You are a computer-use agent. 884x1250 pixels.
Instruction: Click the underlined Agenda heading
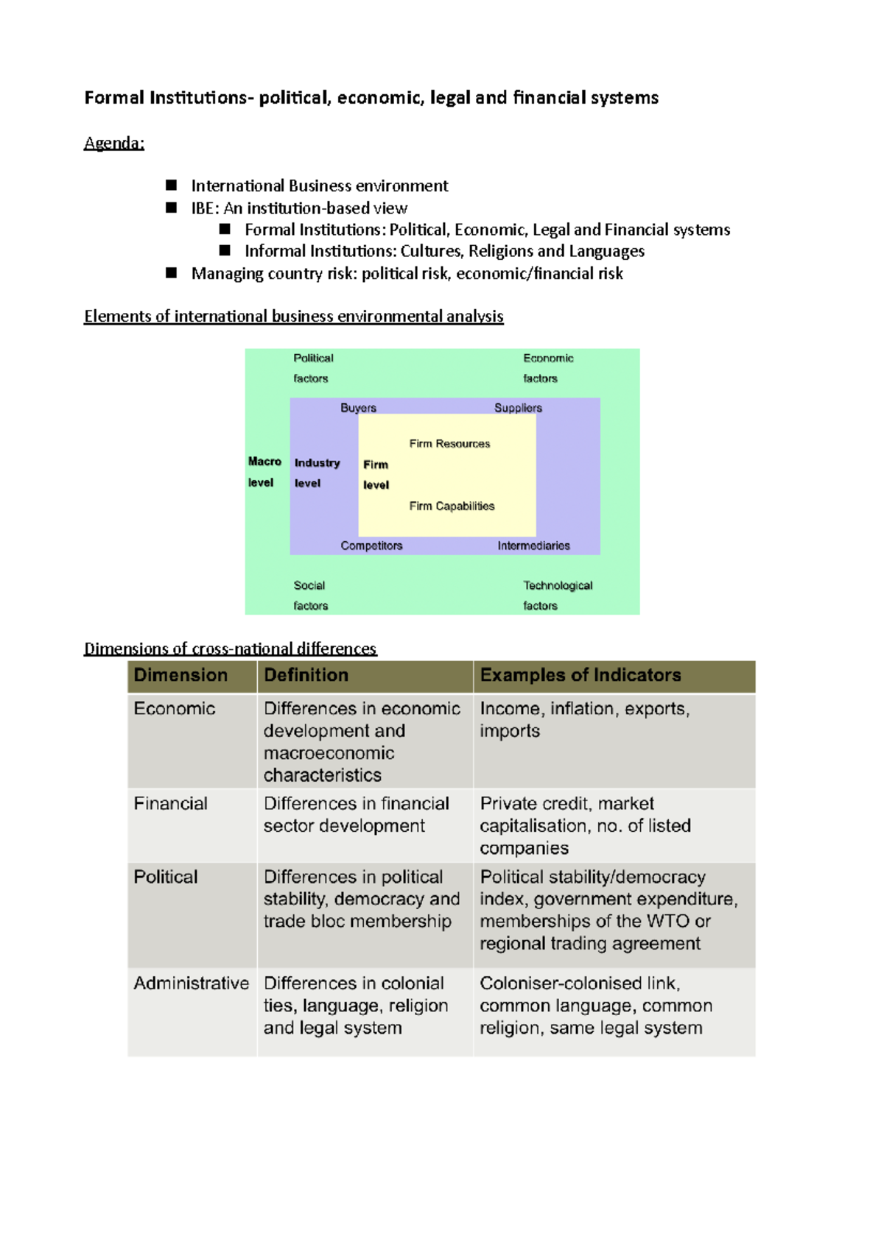(x=113, y=143)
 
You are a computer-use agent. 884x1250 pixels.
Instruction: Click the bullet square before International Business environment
(x=172, y=186)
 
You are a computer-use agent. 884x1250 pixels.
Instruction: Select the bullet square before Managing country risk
(x=172, y=273)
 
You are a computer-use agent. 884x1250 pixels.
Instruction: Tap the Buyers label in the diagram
(x=358, y=408)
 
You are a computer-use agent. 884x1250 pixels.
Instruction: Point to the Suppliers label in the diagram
(x=518, y=408)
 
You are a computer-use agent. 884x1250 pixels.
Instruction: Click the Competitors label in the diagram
(x=371, y=545)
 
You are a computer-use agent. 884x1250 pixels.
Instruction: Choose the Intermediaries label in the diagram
(x=533, y=545)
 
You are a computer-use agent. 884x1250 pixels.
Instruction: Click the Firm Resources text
(x=449, y=444)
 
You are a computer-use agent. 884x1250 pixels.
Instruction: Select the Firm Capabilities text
(x=452, y=506)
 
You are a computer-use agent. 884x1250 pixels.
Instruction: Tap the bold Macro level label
(x=264, y=472)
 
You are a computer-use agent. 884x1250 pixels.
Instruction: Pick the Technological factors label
(x=557, y=596)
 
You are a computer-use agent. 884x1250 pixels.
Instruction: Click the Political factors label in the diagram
(x=313, y=368)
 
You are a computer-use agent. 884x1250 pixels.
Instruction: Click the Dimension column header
(x=180, y=675)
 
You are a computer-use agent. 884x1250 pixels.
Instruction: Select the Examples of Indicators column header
(x=580, y=675)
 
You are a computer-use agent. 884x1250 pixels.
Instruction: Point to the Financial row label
(x=171, y=804)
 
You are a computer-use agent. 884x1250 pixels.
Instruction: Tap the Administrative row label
(x=192, y=984)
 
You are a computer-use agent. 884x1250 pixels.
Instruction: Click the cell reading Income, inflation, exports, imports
(x=584, y=719)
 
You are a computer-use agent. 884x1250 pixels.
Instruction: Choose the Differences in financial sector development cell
(x=357, y=815)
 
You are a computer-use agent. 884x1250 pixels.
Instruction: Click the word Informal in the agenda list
(x=274, y=251)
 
